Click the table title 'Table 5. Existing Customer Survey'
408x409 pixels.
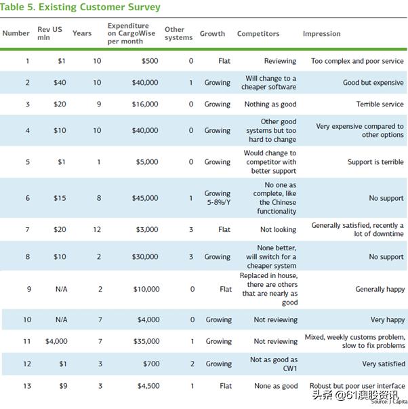tap(81, 7)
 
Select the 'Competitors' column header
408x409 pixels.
tap(258, 34)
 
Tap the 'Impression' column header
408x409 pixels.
tap(321, 34)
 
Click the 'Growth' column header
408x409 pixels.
tap(212, 34)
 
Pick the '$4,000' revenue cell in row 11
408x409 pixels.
tap(56, 342)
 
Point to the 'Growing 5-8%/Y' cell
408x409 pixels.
tap(218, 198)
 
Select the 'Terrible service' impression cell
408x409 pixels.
tap(380, 104)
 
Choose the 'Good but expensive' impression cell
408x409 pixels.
tap(373, 83)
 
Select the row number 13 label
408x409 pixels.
tap(28, 386)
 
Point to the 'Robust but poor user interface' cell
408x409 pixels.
tap(357, 386)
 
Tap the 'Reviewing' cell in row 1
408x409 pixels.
tap(280, 61)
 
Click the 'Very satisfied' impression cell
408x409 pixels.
tap(383, 364)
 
